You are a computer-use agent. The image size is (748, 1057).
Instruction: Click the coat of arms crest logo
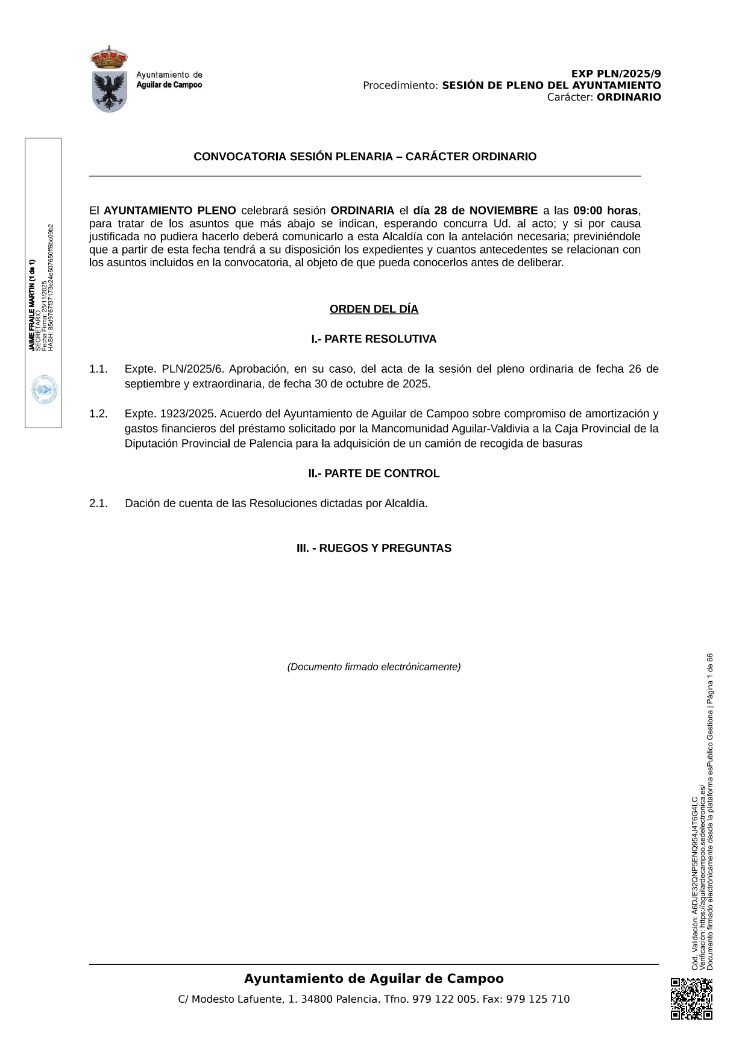coord(109,79)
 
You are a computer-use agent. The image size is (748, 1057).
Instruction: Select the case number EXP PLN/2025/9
coord(616,74)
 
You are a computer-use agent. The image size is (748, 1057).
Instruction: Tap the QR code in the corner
coord(691,999)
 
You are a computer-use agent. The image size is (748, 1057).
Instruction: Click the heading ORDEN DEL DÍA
coord(374,309)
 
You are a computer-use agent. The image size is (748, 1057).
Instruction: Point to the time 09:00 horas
coord(605,211)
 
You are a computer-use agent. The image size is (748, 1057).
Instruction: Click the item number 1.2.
coord(98,414)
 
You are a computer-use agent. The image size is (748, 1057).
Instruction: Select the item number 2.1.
coord(98,504)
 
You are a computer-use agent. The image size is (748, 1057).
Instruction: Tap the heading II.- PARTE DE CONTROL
coord(374,473)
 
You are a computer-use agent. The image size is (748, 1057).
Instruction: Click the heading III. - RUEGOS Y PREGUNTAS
coord(374,548)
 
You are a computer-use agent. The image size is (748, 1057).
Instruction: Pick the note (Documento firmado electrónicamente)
coord(374,667)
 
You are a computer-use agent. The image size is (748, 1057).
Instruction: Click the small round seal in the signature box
coord(44,390)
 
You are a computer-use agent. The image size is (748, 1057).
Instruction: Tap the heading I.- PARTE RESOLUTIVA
coord(374,339)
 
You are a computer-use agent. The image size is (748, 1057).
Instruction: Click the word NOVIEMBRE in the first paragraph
coord(503,211)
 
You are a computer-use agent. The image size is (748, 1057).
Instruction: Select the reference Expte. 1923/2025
coord(171,414)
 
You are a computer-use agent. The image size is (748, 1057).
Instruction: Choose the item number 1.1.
coord(98,369)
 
